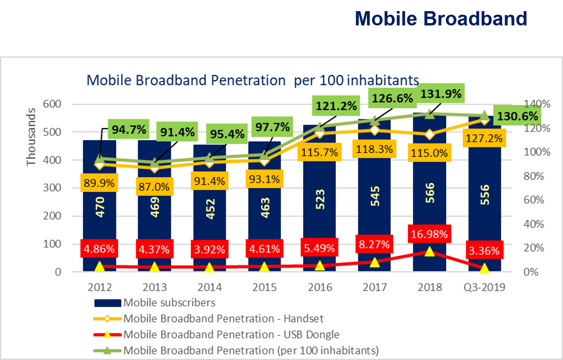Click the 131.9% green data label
(x=441, y=94)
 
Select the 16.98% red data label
(x=429, y=234)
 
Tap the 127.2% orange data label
(x=484, y=138)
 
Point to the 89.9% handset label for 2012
(x=99, y=183)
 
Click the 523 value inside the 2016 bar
(x=320, y=199)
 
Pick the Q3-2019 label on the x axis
(x=484, y=287)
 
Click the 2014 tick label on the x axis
(x=210, y=287)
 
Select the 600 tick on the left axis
(x=52, y=104)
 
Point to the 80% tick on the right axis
(x=534, y=176)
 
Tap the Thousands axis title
(x=31, y=137)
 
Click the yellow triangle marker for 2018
(x=429, y=252)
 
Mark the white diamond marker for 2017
(x=374, y=130)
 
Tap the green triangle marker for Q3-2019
(x=484, y=116)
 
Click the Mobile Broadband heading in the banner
(x=441, y=19)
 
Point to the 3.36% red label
(x=484, y=251)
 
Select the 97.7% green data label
(x=272, y=127)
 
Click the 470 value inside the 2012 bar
(x=100, y=207)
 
